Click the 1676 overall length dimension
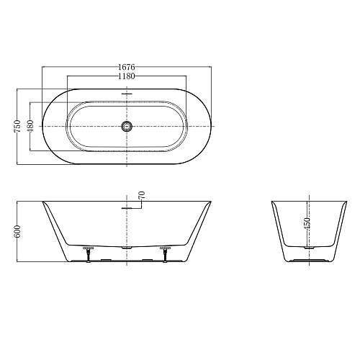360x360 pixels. click(127, 67)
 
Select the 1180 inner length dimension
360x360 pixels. click(127, 76)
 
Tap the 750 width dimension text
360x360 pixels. click(17, 126)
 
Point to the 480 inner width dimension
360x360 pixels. click(31, 126)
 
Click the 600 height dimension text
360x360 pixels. click(17, 231)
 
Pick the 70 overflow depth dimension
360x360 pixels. click(142, 195)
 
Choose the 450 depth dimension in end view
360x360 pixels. click(307, 223)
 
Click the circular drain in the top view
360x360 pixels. click(127, 126)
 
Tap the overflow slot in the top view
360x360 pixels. click(127, 94)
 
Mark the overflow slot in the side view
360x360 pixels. click(127, 208)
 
